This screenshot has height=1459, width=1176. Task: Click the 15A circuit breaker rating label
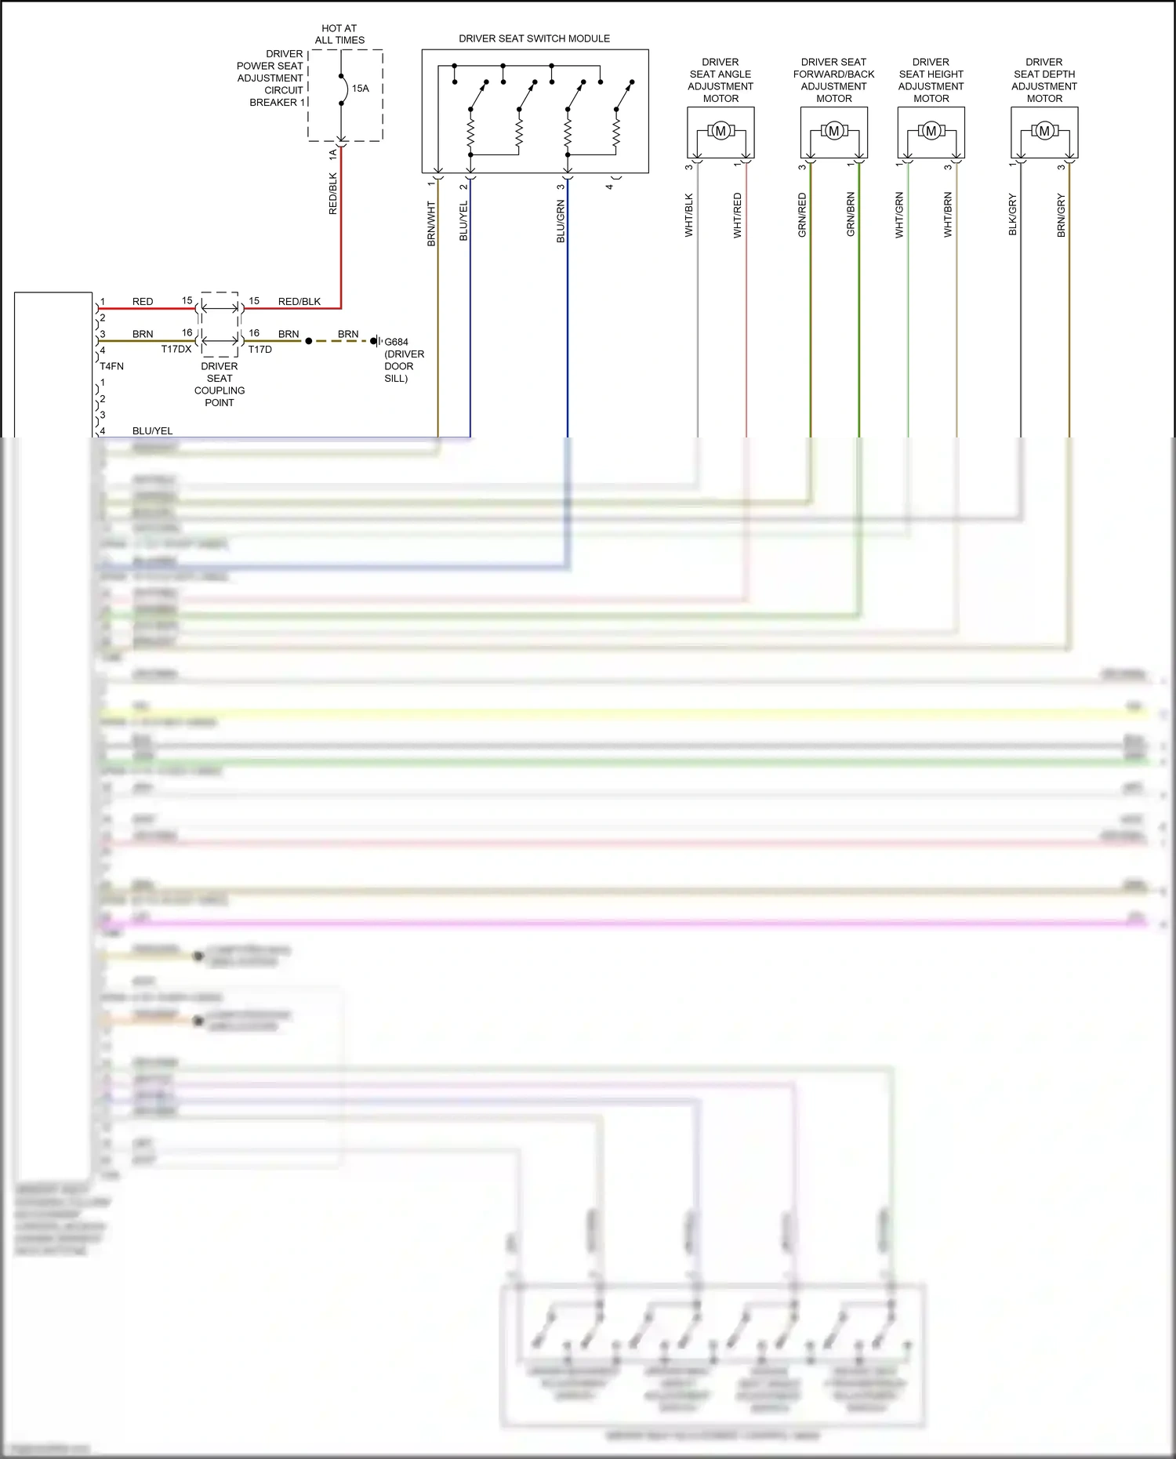coord(360,89)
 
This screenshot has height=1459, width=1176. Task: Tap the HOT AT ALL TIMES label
coord(339,34)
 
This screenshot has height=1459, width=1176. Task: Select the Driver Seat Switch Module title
coord(534,38)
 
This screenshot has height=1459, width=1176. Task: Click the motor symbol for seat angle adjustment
coord(720,131)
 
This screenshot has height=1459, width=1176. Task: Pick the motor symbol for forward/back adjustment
coord(833,131)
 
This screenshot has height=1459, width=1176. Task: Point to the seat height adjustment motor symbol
coord(931,131)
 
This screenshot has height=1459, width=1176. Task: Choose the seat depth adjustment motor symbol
coord(1044,131)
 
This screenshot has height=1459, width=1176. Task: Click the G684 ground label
coord(396,342)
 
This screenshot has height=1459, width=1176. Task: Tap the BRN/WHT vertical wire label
coord(431,224)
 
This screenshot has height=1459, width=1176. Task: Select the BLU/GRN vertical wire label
coord(561,221)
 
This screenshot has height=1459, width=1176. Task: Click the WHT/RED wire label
coord(738,216)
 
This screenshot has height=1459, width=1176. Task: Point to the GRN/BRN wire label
coord(851,215)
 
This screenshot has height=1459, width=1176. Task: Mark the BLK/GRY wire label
coord(1012,215)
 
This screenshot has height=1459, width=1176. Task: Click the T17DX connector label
coord(176,350)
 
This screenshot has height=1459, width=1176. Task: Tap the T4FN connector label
coord(111,366)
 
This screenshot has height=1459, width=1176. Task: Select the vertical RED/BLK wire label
coord(332,194)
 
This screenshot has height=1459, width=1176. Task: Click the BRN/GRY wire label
coord(1061,216)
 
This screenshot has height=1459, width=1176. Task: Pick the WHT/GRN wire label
coord(899,216)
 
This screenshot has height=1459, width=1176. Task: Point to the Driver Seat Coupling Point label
coord(220,384)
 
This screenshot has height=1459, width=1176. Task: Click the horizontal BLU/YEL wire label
coord(152,430)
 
